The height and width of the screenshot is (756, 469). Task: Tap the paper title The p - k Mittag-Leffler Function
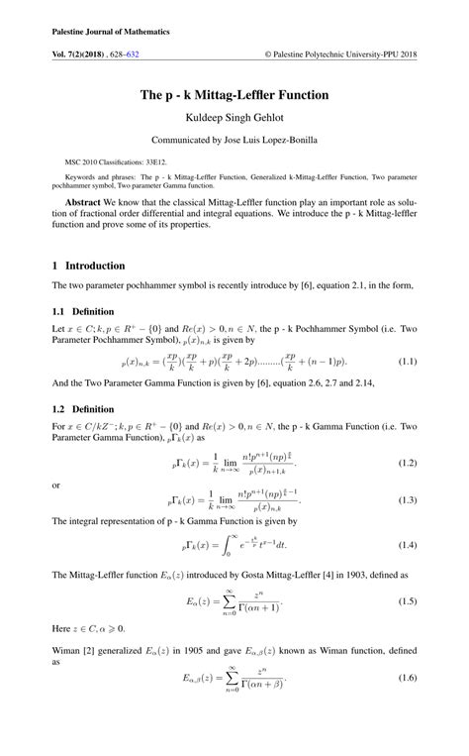point(234,95)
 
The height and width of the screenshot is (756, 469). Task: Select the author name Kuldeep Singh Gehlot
point(234,118)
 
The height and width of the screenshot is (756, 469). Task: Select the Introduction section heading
point(95,266)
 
